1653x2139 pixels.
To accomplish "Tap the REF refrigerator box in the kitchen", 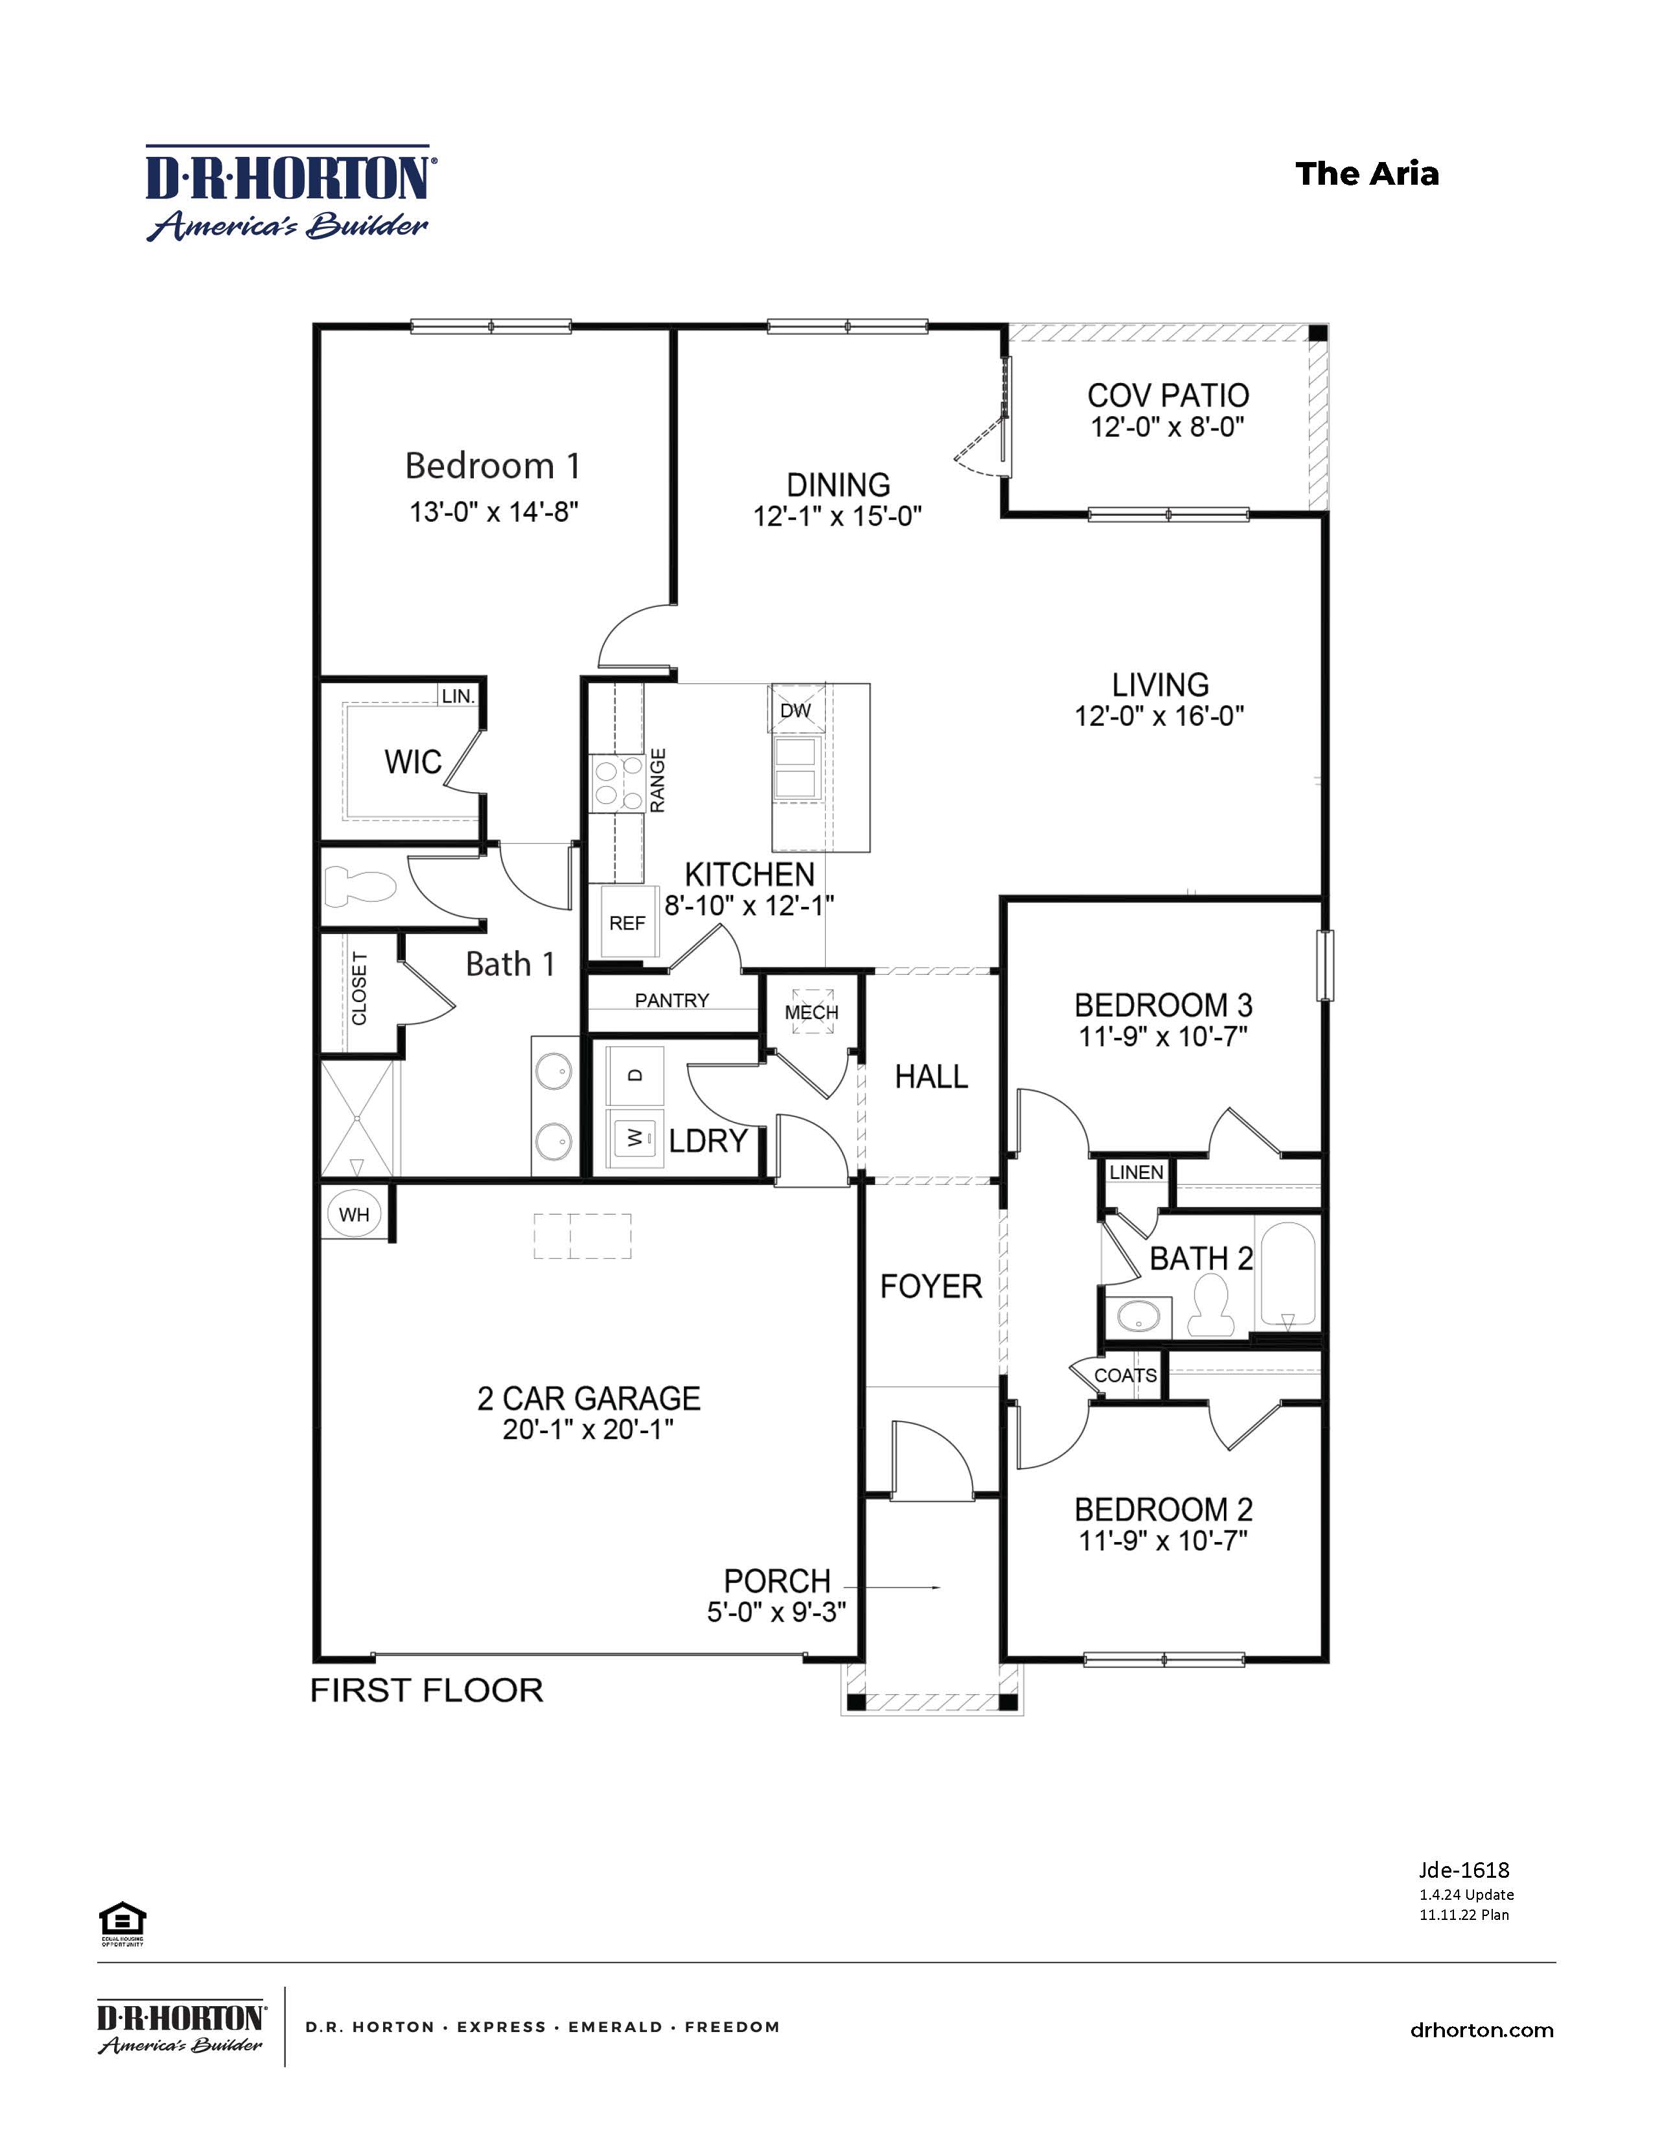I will [x=627, y=922].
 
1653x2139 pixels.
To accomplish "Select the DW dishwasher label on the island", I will [x=795, y=710].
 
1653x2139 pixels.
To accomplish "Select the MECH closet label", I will [x=811, y=1012].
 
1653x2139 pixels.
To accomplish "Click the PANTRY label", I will [x=672, y=1000].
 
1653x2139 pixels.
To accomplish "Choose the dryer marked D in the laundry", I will [x=635, y=1075].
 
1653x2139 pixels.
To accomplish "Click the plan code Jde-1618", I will [x=1463, y=1869].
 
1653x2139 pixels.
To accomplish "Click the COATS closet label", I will [x=1125, y=1375].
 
